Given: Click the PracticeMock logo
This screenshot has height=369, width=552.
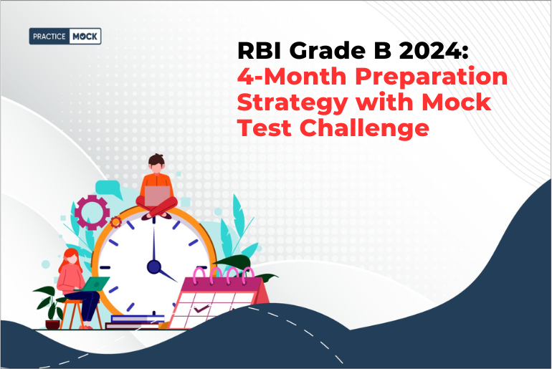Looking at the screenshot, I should pos(65,36).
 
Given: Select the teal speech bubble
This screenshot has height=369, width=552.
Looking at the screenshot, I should pos(110,190).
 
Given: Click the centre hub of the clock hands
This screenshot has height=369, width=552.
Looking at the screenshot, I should pos(153,267).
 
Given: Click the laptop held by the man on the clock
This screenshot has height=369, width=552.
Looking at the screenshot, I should pos(157,194).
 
